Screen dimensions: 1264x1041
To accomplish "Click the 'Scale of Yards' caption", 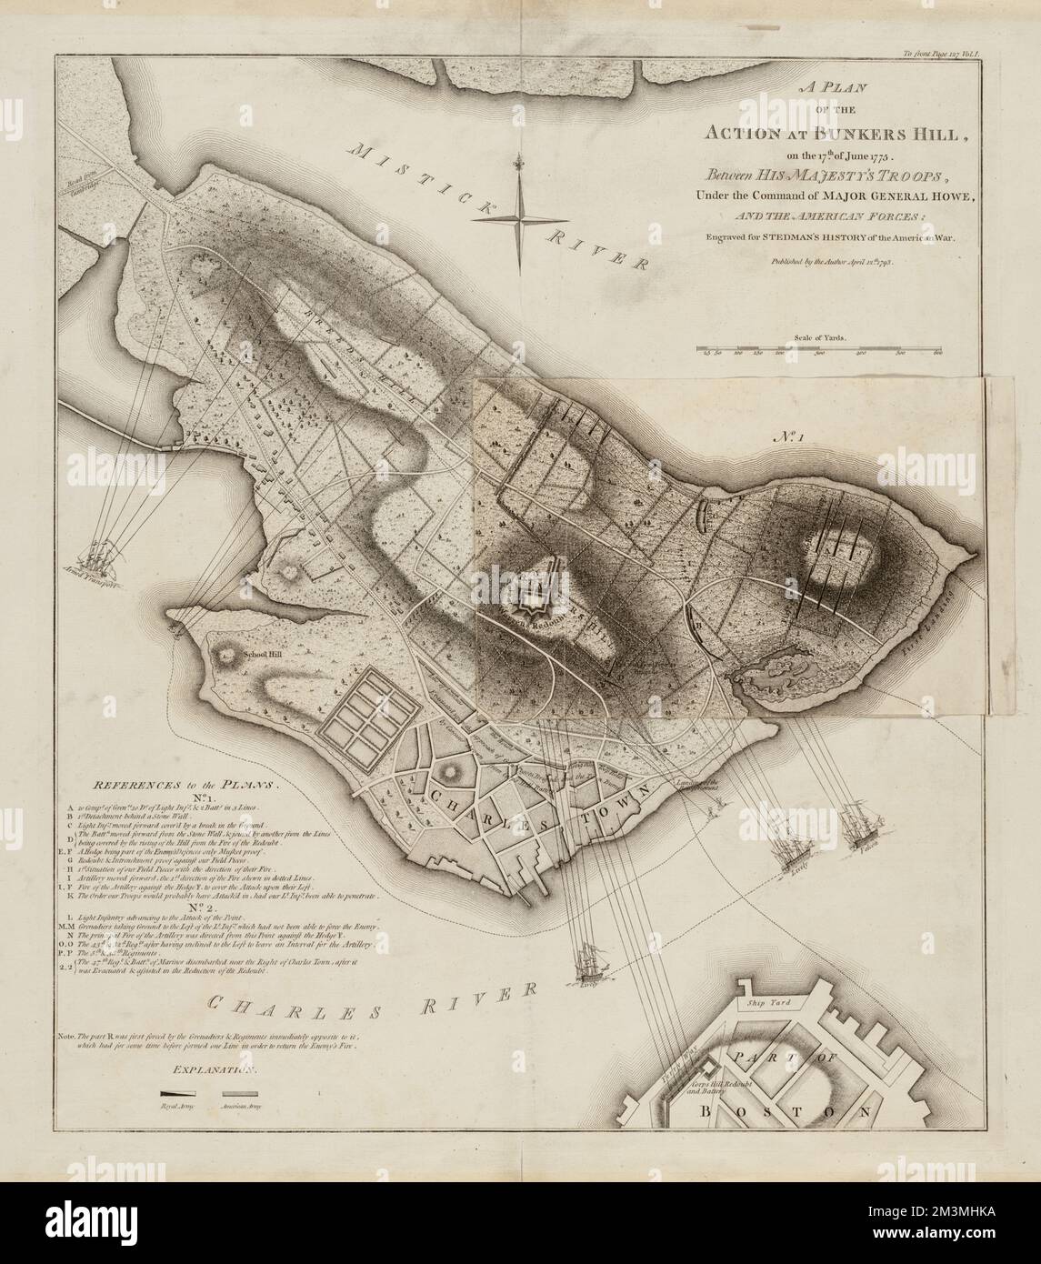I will tap(819, 336).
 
